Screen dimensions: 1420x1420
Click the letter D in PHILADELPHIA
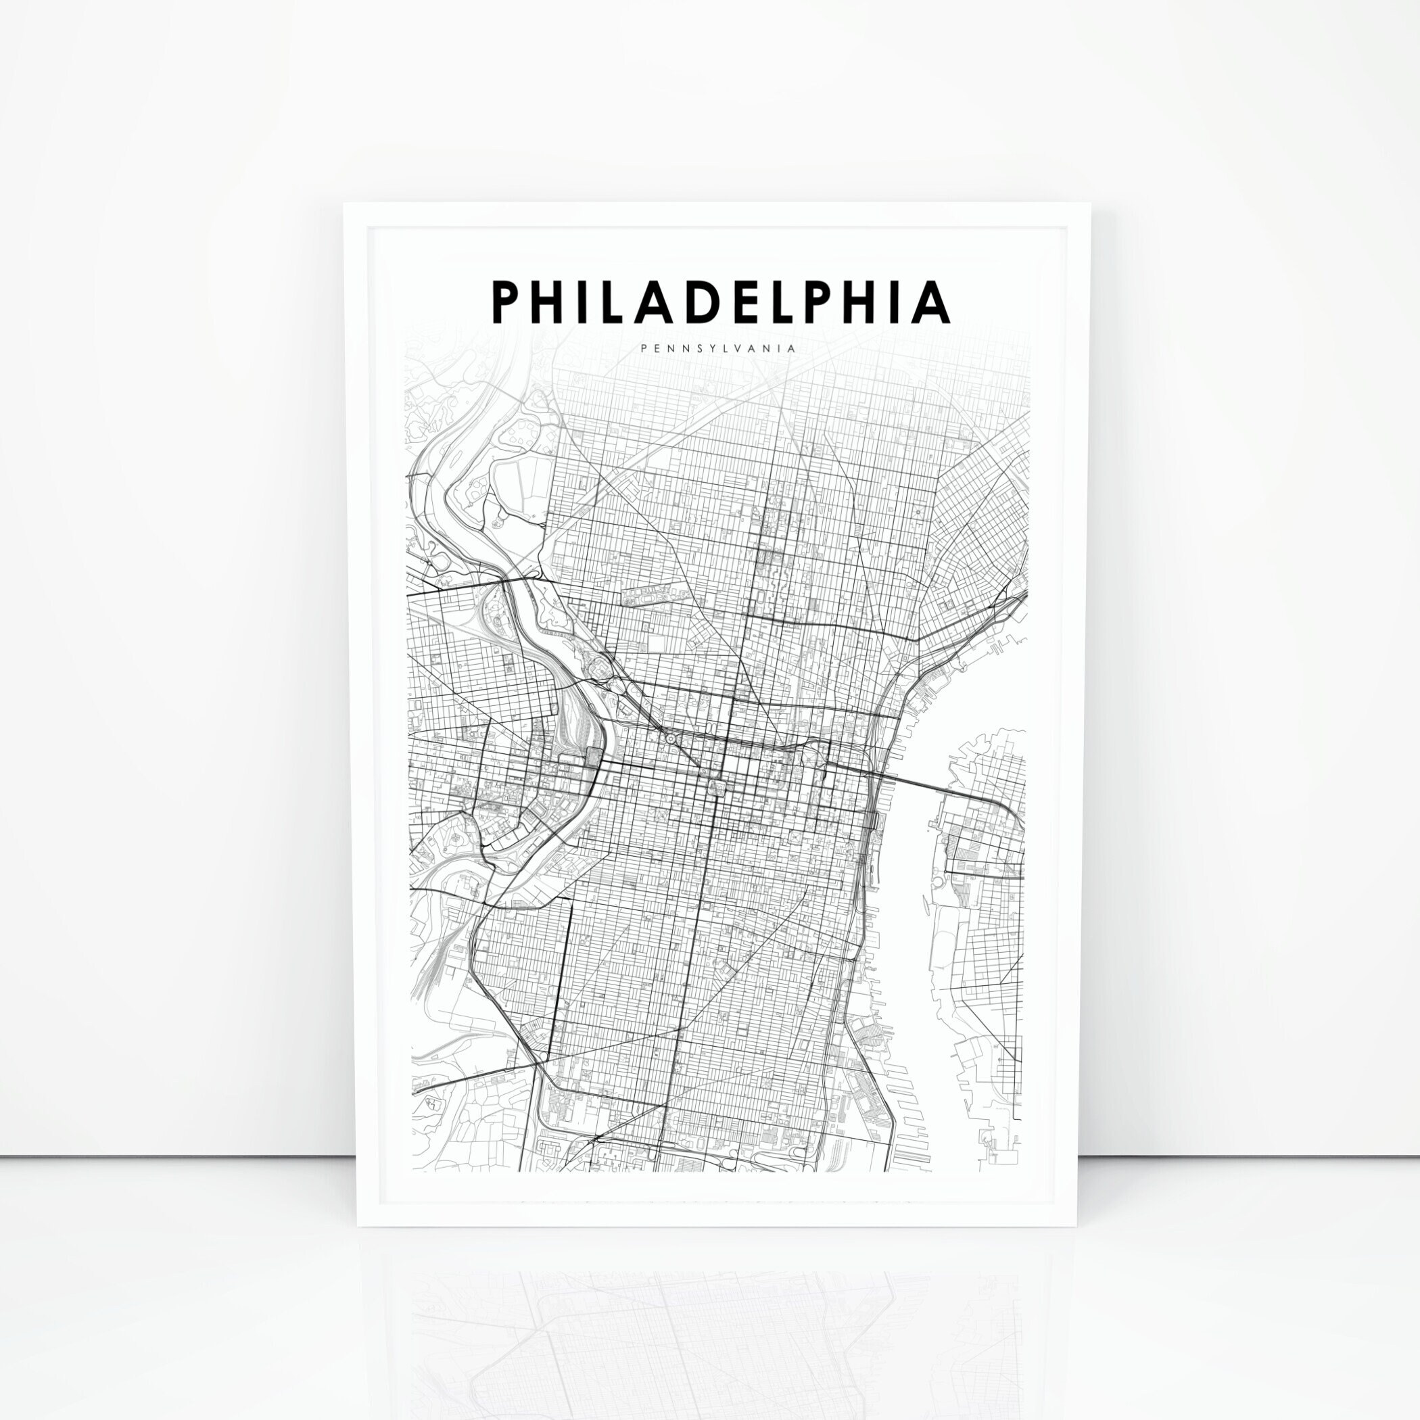tap(694, 302)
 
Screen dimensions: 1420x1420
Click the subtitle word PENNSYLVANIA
tap(718, 349)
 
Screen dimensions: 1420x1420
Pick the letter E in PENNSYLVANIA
tap(658, 349)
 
